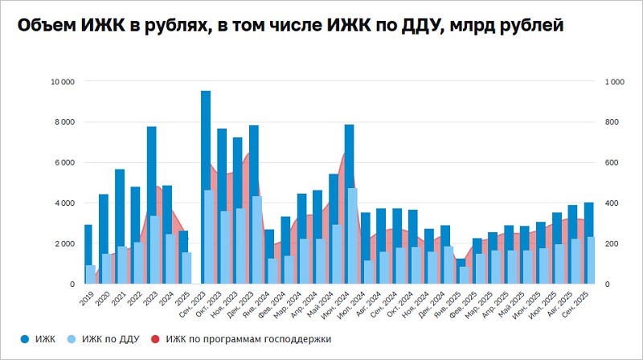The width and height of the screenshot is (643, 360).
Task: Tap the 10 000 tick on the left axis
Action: coord(63,82)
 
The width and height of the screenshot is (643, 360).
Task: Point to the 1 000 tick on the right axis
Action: coord(615,82)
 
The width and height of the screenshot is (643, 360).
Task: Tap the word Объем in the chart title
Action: coord(45,26)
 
